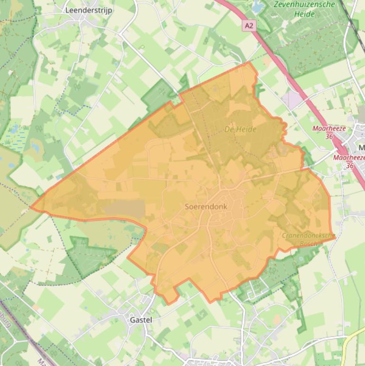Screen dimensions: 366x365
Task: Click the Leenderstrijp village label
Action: click(x=89, y=10)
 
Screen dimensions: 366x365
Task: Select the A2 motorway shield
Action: click(x=250, y=25)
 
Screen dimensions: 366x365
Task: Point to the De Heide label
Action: click(x=240, y=129)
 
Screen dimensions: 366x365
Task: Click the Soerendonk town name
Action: click(x=206, y=207)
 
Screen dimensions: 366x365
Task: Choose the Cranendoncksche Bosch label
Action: click(x=308, y=239)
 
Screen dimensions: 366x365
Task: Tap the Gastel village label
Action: click(x=140, y=320)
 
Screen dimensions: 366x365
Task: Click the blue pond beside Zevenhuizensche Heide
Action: click(x=258, y=7)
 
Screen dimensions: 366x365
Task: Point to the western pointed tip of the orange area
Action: click(x=32, y=207)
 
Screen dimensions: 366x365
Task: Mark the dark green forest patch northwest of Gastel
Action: click(x=88, y=257)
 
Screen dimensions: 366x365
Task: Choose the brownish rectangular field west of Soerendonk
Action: click(x=123, y=209)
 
